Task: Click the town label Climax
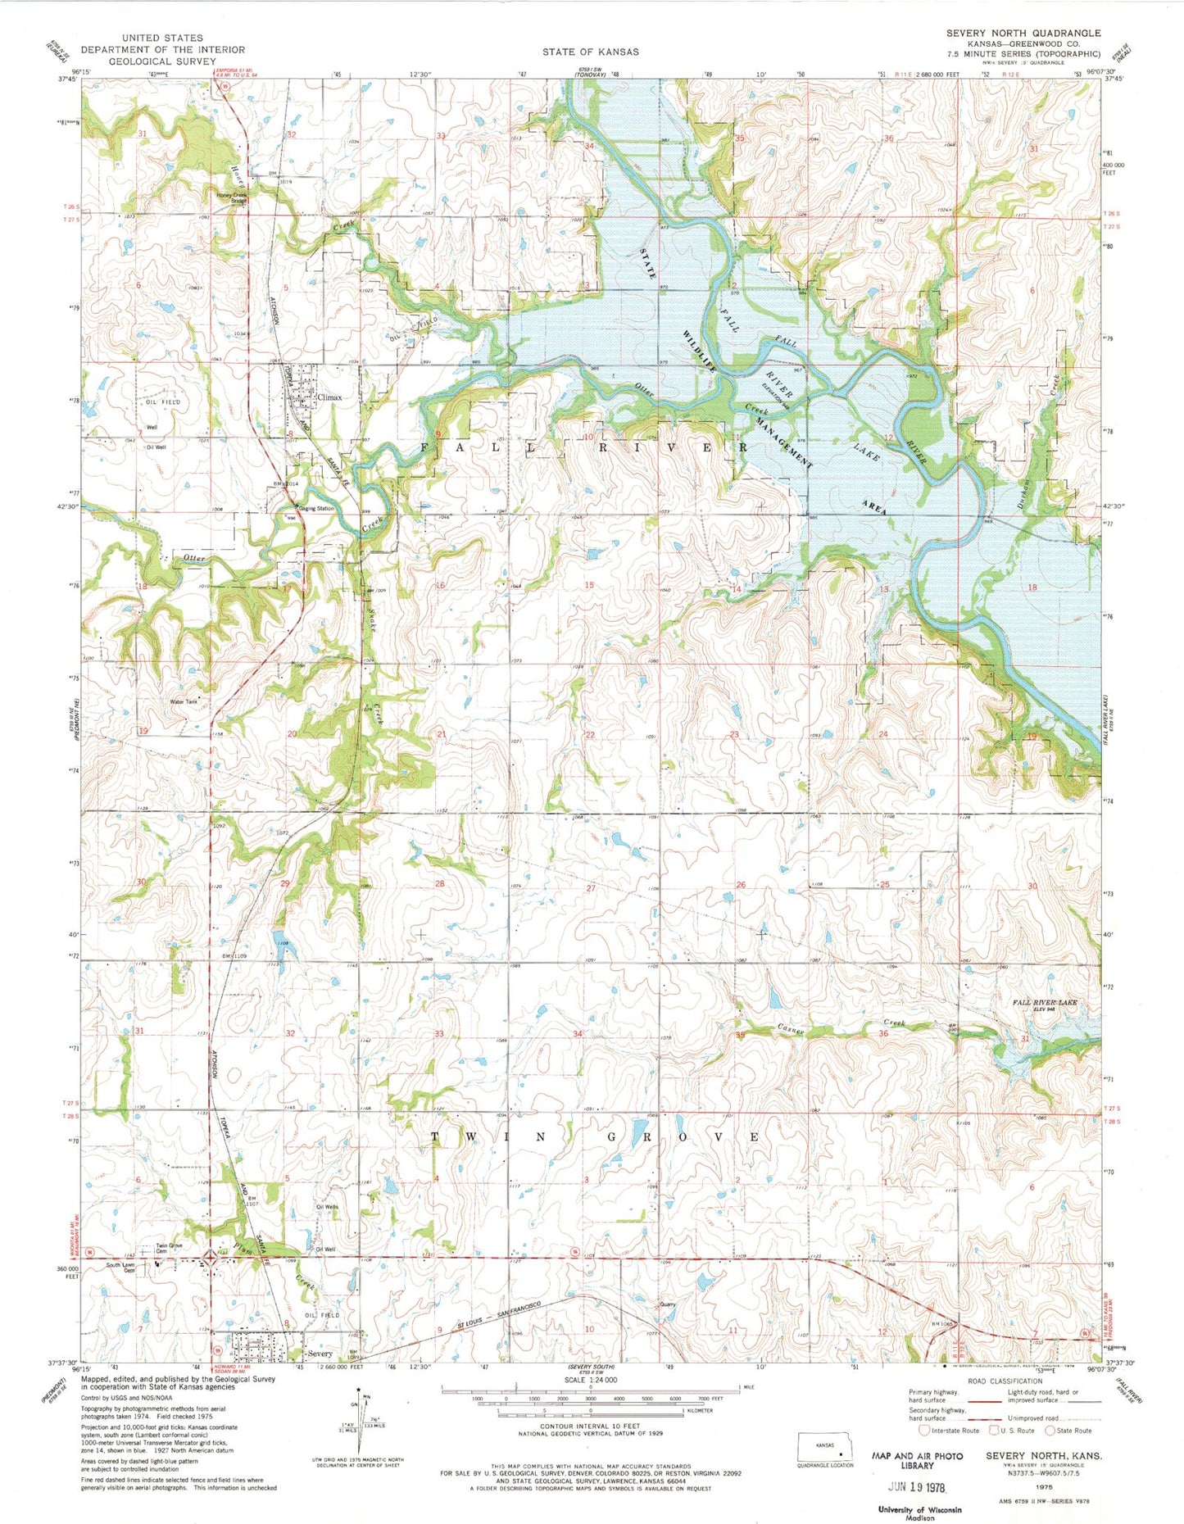329,397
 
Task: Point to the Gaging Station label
316,509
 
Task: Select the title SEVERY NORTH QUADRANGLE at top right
1023,33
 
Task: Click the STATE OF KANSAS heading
590,52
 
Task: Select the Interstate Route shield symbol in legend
923,1431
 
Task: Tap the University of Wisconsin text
919,1509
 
